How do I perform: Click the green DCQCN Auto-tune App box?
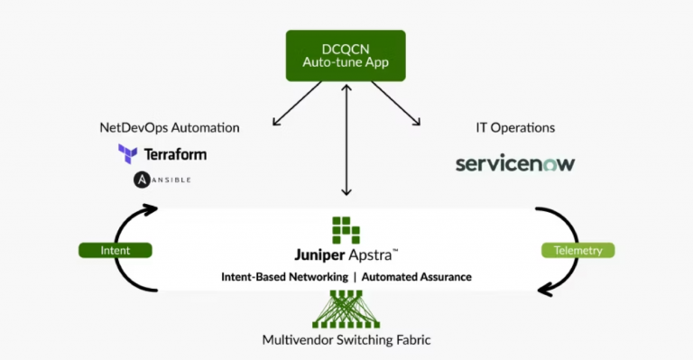pyautogui.click(x=346, y=55)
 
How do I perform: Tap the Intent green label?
pyautogui.click(x=115, y=250)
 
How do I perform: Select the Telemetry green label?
pyautogui.click(x=577, y=250)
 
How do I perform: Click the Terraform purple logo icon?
pyautogui.click(x=127, y=153)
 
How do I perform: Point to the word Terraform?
pyautogui.click(x=174, y=154)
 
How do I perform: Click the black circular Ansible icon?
pyautogui.click(x=142, y=180)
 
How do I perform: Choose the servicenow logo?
pyautogui.click(x=515, y=164)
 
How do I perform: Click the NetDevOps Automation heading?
pyautogui.click(x=170, y=128)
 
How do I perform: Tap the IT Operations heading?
pyautogui.click(x=516, y=128)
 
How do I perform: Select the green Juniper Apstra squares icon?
pyautogui.click(x=346, y=230)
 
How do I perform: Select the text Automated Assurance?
pyautogui.click(x=417, y=277)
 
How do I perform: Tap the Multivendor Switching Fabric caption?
pyautogui.click(x=346, y=340)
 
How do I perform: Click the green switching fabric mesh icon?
pyautogui.click(x=346, y=309)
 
